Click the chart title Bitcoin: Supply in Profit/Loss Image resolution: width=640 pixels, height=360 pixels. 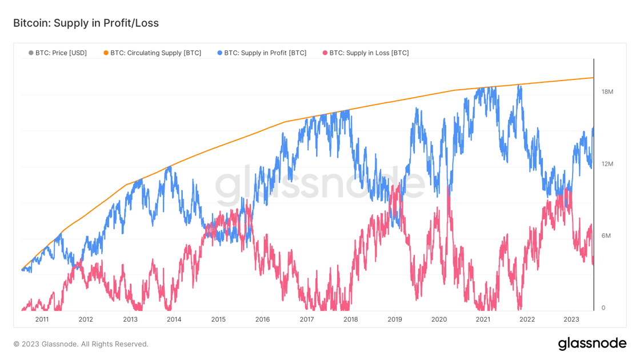coord(86,23)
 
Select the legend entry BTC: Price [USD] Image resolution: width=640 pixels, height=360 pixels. coord(61,53)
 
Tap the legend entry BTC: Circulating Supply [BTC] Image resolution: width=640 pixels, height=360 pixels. coord(155,53)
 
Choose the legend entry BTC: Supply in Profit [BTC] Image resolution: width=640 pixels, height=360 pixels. coord(265,53)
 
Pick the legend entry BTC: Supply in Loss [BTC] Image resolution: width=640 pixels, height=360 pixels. coord(369,53)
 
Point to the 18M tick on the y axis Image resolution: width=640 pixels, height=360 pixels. coord(607,92)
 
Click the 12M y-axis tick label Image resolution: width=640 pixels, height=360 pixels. coord(607,164)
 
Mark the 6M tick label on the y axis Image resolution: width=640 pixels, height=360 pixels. coord(607,236)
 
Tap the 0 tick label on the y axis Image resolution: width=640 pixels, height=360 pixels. coord(603,308)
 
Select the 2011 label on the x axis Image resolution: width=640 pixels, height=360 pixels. coord(42,319)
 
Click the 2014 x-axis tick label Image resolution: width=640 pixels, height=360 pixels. coord(174,319)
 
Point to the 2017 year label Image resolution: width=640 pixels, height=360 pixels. coord(306,319)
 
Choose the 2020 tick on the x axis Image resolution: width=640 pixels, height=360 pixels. coord(439,319)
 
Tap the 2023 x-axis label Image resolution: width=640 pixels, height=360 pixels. coord(571,319)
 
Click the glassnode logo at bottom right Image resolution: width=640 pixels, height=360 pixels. coord(592,344)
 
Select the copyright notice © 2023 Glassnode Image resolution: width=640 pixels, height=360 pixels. coord(81,344)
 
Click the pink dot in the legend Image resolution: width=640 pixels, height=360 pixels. coord(325,53)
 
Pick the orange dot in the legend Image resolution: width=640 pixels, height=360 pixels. coord(106,53)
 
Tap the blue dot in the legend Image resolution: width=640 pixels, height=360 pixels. coord(219,53)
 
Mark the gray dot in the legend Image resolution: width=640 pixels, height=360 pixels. coord(31,53)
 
